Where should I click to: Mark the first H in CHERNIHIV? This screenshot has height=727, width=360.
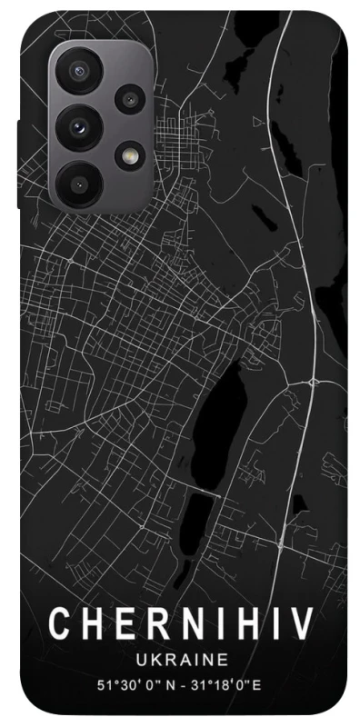click(x=88, y=626)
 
